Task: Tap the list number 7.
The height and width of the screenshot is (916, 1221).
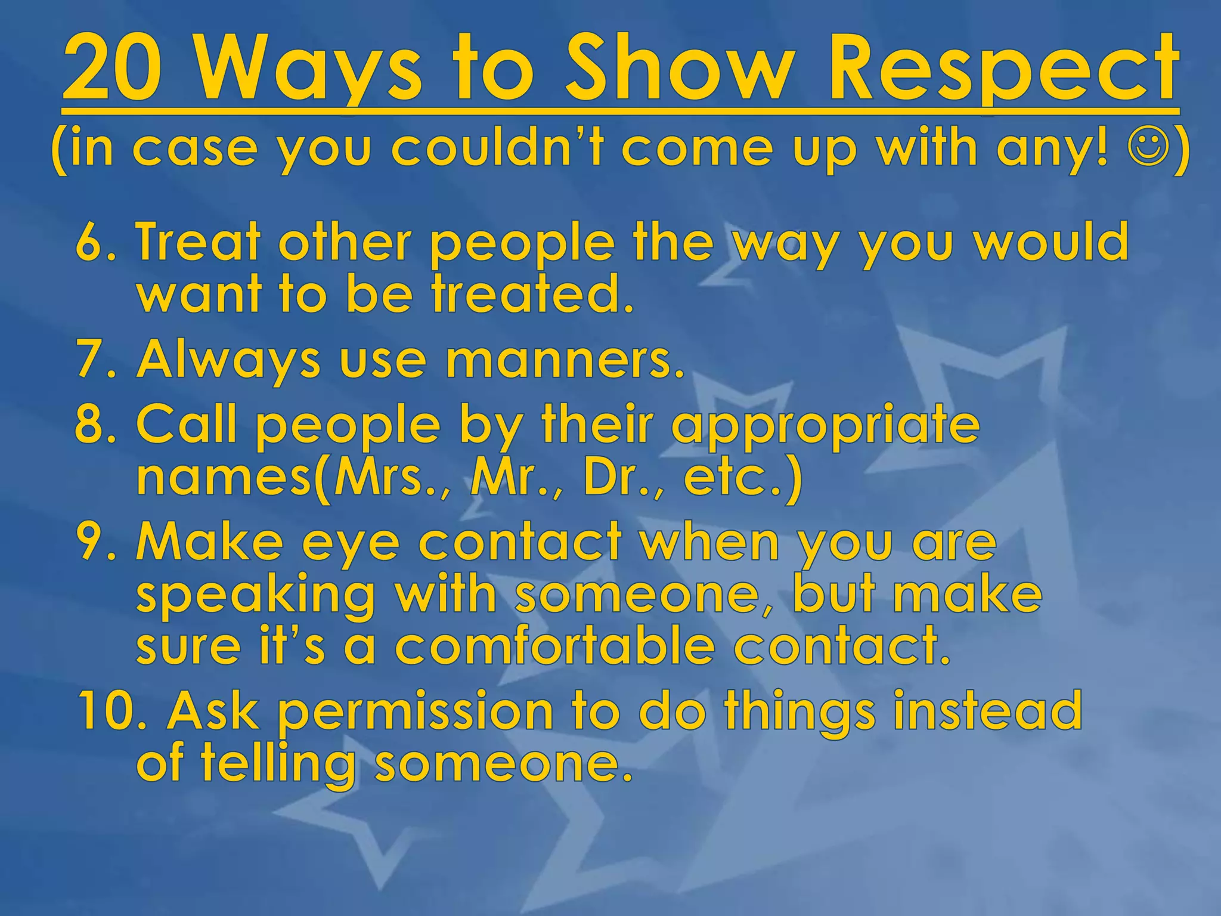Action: [91, 360]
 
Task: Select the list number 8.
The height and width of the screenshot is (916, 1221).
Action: [91, 424]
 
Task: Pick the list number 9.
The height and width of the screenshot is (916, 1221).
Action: [91, 541]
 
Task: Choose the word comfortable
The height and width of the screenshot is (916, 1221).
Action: [554, 646]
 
